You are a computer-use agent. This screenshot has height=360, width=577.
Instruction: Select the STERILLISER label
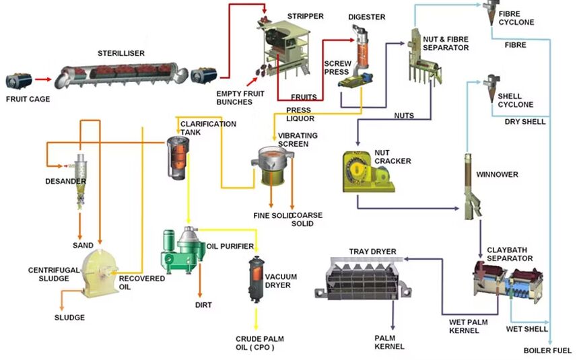[x=121, y=53]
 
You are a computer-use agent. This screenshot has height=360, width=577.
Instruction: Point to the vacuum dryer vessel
[x=256, y=279]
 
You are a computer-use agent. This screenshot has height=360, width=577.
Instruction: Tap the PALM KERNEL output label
[x=389, y=342]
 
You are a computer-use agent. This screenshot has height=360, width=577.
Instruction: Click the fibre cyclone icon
[x=489, y=9]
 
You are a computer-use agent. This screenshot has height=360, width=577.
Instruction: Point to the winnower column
[x=472, y=185]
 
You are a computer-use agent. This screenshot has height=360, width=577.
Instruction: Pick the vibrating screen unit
[x=273, y=166]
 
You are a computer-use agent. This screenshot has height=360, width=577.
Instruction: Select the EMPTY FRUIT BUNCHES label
[x=234, y=98]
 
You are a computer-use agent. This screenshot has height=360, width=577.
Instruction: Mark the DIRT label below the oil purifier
[x=203, y=305]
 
